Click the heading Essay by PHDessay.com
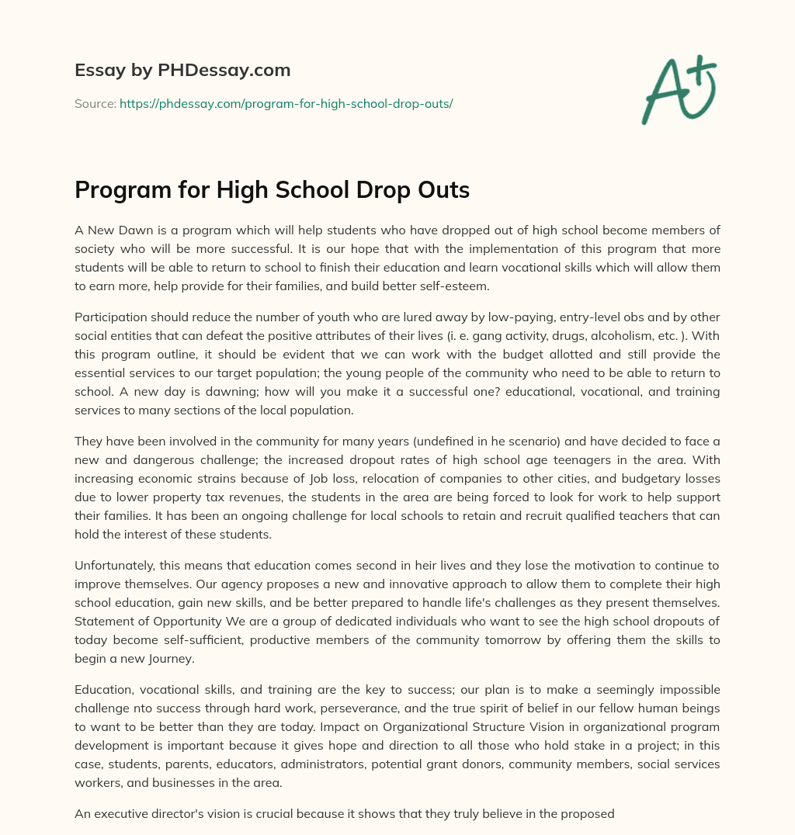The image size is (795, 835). [x=182, y=71]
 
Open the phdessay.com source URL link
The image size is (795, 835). [x=286, y=103]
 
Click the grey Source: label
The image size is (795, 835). [x=95, y=103]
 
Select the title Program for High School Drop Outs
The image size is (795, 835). [x=272, y=190]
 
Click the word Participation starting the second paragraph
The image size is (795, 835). [x=108, y=317]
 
